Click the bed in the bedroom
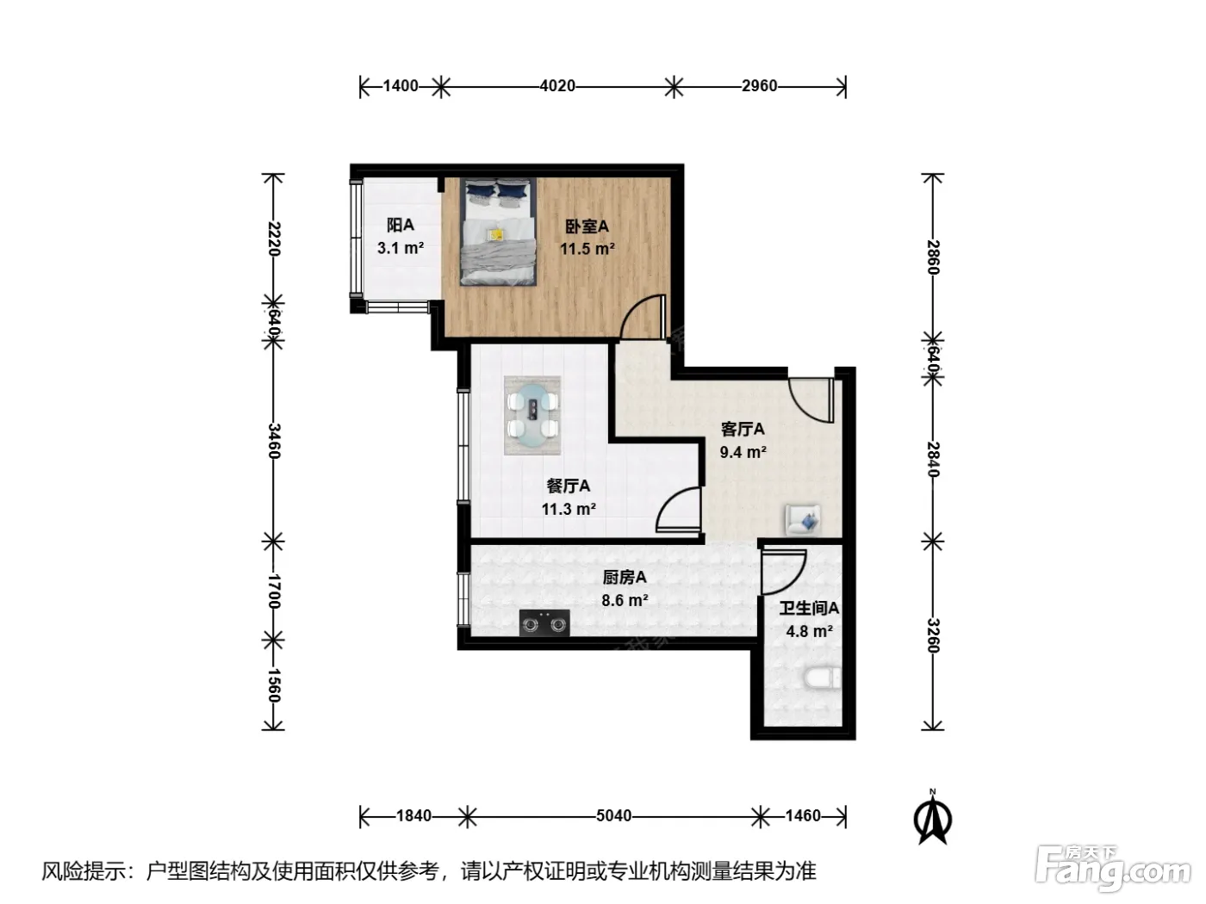tap(498, 232)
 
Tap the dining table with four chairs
tap(532, 415)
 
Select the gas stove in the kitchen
tap(544, 622)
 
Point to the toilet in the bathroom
tap(822, 678)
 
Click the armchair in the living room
tap(803, 519)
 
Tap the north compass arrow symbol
tap(932, 819)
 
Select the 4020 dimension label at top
tap(557, 85)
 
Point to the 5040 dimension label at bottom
tap(613, 815)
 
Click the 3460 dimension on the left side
tap(274, 442)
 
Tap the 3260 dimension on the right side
tap(933, 635)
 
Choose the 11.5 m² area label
tap(587, 249)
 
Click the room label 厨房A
tap(625, 577)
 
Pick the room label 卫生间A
tap(809, 608)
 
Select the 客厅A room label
tap(743, 429)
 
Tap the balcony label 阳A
tap(400, 225)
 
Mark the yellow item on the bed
tap(496, 234)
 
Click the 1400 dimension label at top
tap(401, 85)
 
